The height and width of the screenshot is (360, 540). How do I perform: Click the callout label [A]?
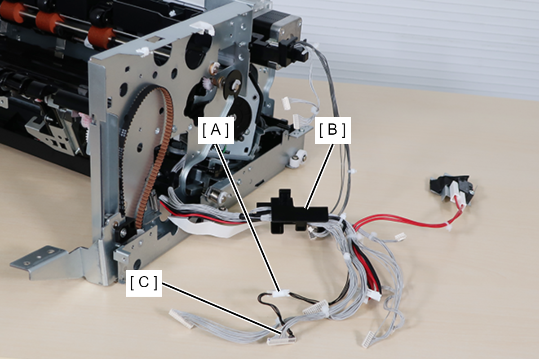[x=216, y=130]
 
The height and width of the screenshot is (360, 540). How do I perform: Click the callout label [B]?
[x=332, y=130]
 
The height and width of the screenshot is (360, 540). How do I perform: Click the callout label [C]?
[x=144, y=283]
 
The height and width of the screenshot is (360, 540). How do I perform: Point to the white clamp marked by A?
[x=280, y=294]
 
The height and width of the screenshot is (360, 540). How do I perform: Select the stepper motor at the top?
[x=277, y=26]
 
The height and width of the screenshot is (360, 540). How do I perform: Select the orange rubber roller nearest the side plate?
[x=101, y=37]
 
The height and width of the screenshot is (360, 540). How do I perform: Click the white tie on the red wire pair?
[x=449, y=227]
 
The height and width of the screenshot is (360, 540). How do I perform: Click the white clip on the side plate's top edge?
[x=202, y=28]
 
